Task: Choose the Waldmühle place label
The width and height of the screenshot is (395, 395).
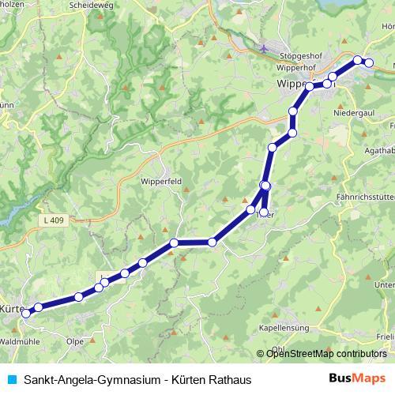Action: [x=20, y=340]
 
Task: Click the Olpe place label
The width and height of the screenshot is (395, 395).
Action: [x=76, y=341]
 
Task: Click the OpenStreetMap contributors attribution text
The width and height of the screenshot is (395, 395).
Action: [x=326, y=354]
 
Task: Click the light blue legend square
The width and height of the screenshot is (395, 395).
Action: [x=10, y=380]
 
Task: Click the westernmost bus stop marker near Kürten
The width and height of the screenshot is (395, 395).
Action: [x=26, y=314]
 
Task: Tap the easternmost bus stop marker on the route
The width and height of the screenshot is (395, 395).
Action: [x=368, y=63]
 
